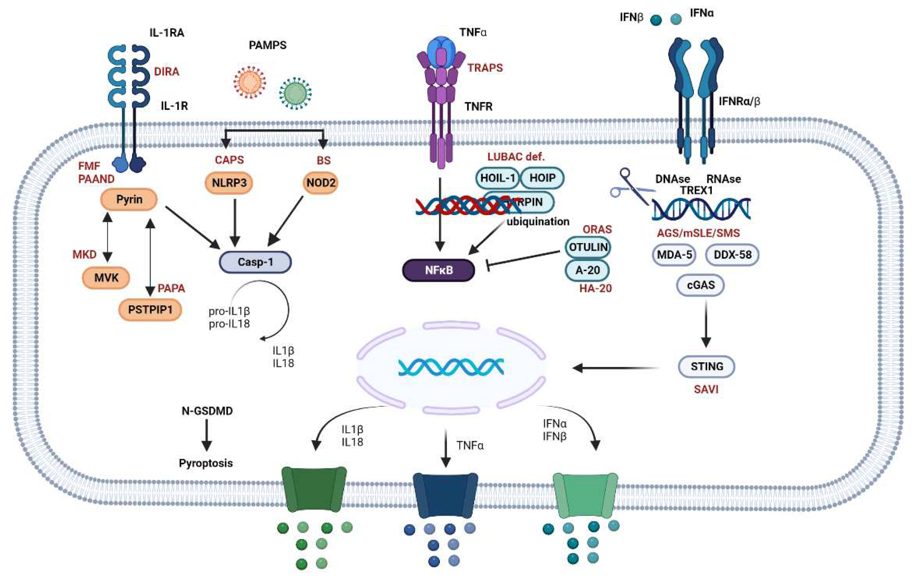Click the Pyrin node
tap(129, 199)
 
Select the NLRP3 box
tap(229, 183)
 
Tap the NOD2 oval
tap(321, 183)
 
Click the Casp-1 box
tap(255, 262)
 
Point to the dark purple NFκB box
tap(439, 270)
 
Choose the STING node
tap(706, 366)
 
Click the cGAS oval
tap(700, 285)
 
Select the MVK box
tap(106, 278)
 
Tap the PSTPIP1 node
tap(150, 310)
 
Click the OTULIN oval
tap(588, 247)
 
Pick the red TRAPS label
tap(485, 68)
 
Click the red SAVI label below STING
tap(706, 389)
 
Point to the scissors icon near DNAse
tap(629, 186)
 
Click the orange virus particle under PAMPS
tap(250, 82)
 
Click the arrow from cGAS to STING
tap(706, 323)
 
